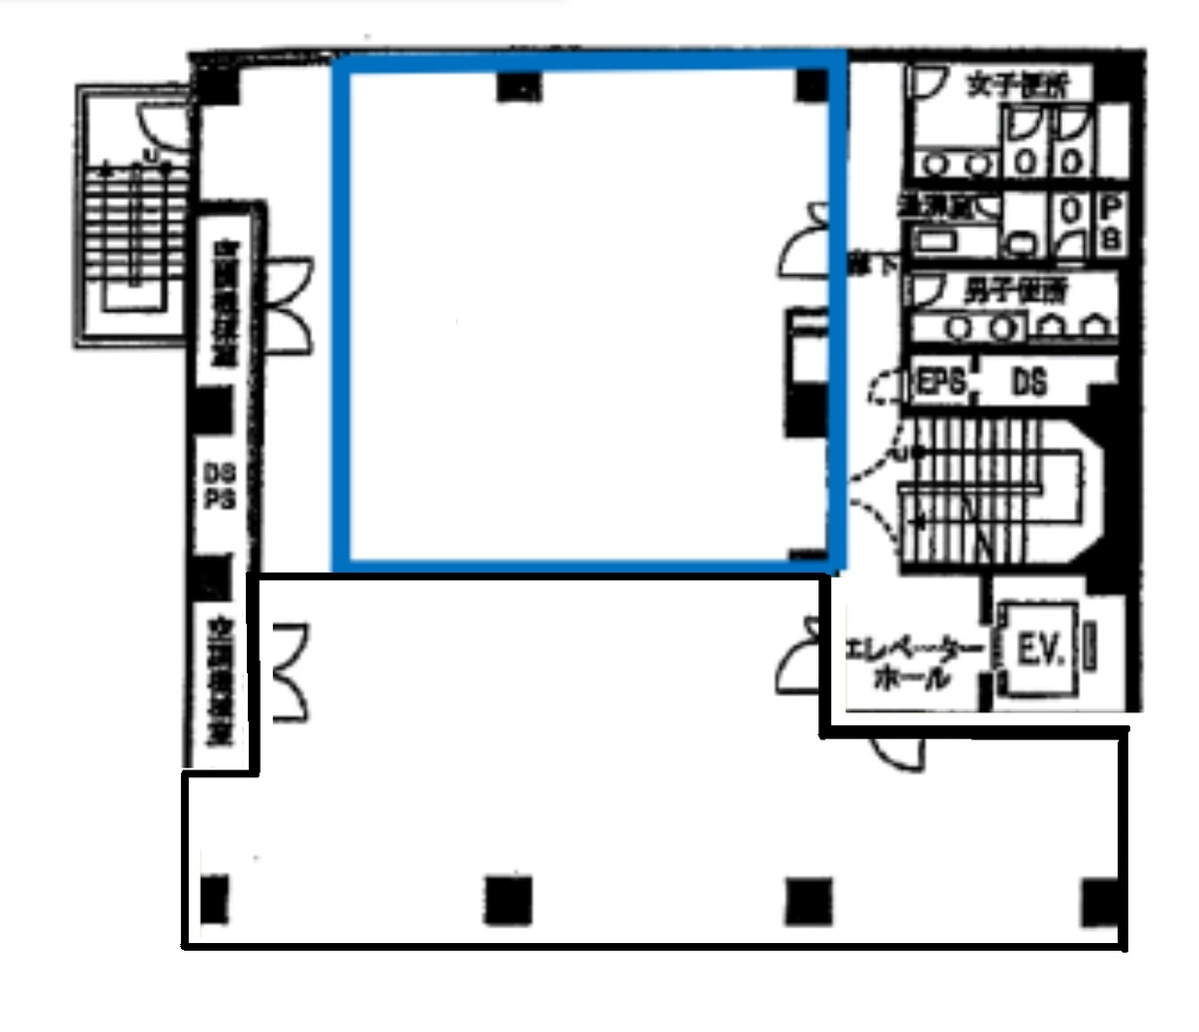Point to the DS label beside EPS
click(x=1029, y=383)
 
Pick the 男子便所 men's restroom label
click(x=1015, y=292)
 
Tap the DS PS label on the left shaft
click(x=219, y=488)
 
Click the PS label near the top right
click(x=1111, y=224)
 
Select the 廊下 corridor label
click(x=859, y=265)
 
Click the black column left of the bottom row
click(x=214, y=899)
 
